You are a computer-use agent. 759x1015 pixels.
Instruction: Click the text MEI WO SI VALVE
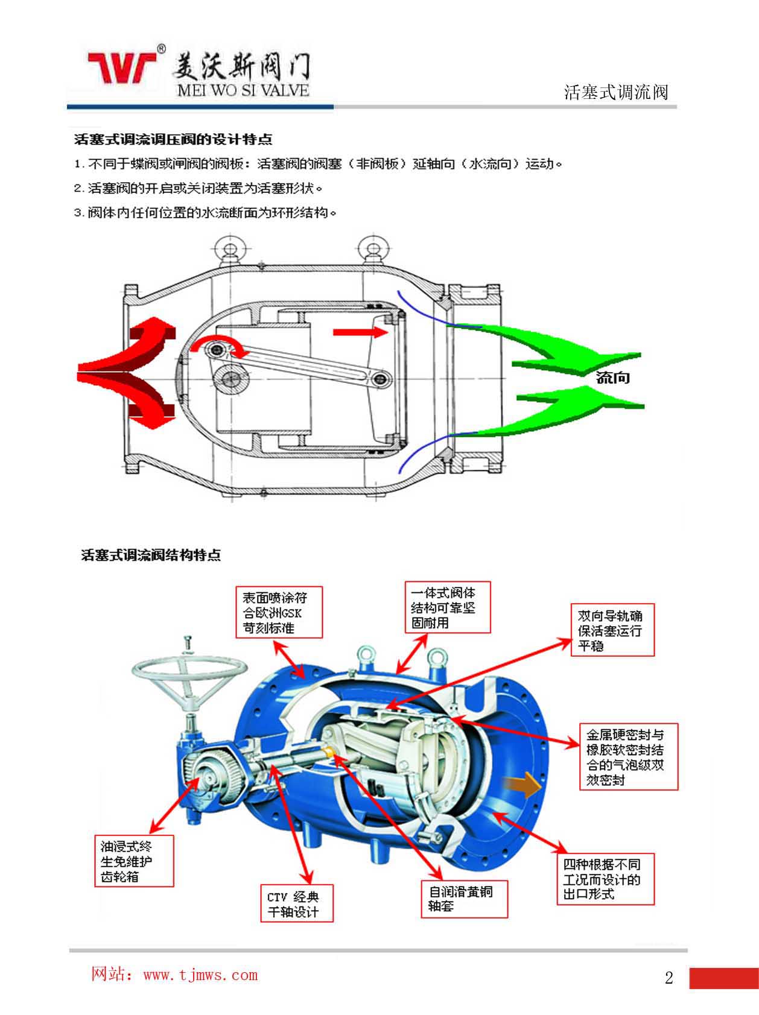pos(243,91)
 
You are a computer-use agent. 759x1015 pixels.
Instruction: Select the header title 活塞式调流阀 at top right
pos(616,92)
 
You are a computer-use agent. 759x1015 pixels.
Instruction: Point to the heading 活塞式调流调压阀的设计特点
pos(173,140)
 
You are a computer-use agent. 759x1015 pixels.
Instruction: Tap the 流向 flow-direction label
pos(612,378)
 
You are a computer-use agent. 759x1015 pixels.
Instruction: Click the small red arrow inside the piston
pos(360,332)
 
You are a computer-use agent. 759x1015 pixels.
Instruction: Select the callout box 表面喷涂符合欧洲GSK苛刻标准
pos(279,612)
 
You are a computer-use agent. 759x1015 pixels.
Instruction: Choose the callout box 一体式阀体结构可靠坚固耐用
pos(447,607)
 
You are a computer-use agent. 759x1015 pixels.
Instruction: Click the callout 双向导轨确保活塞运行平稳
pos(612,630)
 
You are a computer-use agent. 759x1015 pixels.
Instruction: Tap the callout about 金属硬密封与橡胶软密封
pos(628,757)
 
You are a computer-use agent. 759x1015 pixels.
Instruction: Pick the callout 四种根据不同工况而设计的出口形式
pos(605,879)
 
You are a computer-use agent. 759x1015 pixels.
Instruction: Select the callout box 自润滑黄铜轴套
pos(464,899)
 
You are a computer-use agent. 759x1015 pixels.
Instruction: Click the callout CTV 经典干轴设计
pos(296,903)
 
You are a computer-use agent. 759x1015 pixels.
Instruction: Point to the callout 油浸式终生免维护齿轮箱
pos(134,861)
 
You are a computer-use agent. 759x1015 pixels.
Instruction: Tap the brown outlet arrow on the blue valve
pos(522,785)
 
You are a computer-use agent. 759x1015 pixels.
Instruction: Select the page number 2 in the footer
pos(668,978)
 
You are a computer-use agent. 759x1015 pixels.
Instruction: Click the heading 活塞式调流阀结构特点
pos(151,555)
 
